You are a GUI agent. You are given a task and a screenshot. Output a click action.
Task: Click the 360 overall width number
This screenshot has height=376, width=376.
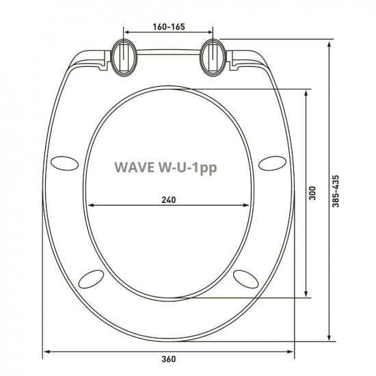click(170, 362)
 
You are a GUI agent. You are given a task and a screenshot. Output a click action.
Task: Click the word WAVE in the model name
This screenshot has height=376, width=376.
click(133, 166)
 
